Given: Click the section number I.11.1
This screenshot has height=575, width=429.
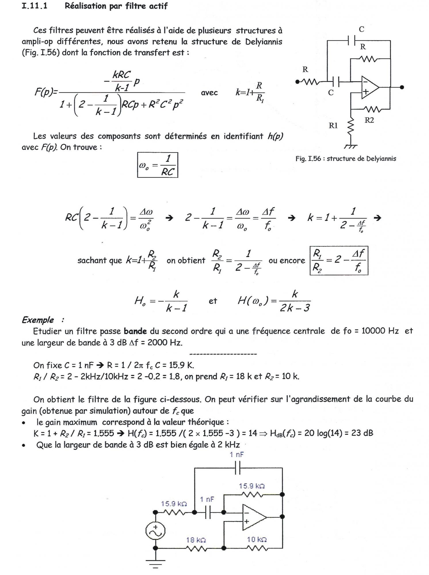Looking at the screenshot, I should pos(35,6).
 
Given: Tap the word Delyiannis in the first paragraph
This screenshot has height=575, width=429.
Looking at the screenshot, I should pos(264,42).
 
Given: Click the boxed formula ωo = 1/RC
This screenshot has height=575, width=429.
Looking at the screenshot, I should pos(157,165).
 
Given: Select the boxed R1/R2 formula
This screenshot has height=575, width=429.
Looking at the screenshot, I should pos(339,260).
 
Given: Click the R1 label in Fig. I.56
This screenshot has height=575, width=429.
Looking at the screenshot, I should pos(333,125).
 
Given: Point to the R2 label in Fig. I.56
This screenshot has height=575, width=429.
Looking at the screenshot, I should pos(369,120).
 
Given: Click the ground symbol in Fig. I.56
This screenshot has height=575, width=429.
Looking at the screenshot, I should pos(350,146).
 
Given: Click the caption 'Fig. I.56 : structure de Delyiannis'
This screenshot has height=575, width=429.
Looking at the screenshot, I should pos(346,159).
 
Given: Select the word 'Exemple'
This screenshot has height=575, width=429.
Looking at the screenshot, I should pos(38,320).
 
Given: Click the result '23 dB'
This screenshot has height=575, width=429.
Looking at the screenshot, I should pos(362,433).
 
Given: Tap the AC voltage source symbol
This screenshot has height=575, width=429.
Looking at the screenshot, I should pos(155,531).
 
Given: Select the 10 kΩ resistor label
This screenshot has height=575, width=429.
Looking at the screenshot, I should pos(257,539).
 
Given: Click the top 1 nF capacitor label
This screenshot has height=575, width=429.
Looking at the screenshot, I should pos(237,455).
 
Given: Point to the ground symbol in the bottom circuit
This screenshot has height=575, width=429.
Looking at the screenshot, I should pos(155,562).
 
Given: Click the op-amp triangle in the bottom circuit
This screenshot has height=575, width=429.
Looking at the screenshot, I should pos(253,517).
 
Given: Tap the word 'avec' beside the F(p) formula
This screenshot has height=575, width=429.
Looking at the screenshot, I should pos(209,93).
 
